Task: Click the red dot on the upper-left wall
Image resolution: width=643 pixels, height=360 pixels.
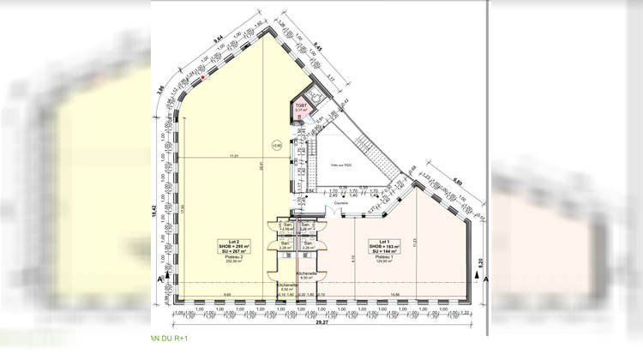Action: point(202,77)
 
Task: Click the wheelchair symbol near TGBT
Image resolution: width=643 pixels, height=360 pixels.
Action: point(314,96)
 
